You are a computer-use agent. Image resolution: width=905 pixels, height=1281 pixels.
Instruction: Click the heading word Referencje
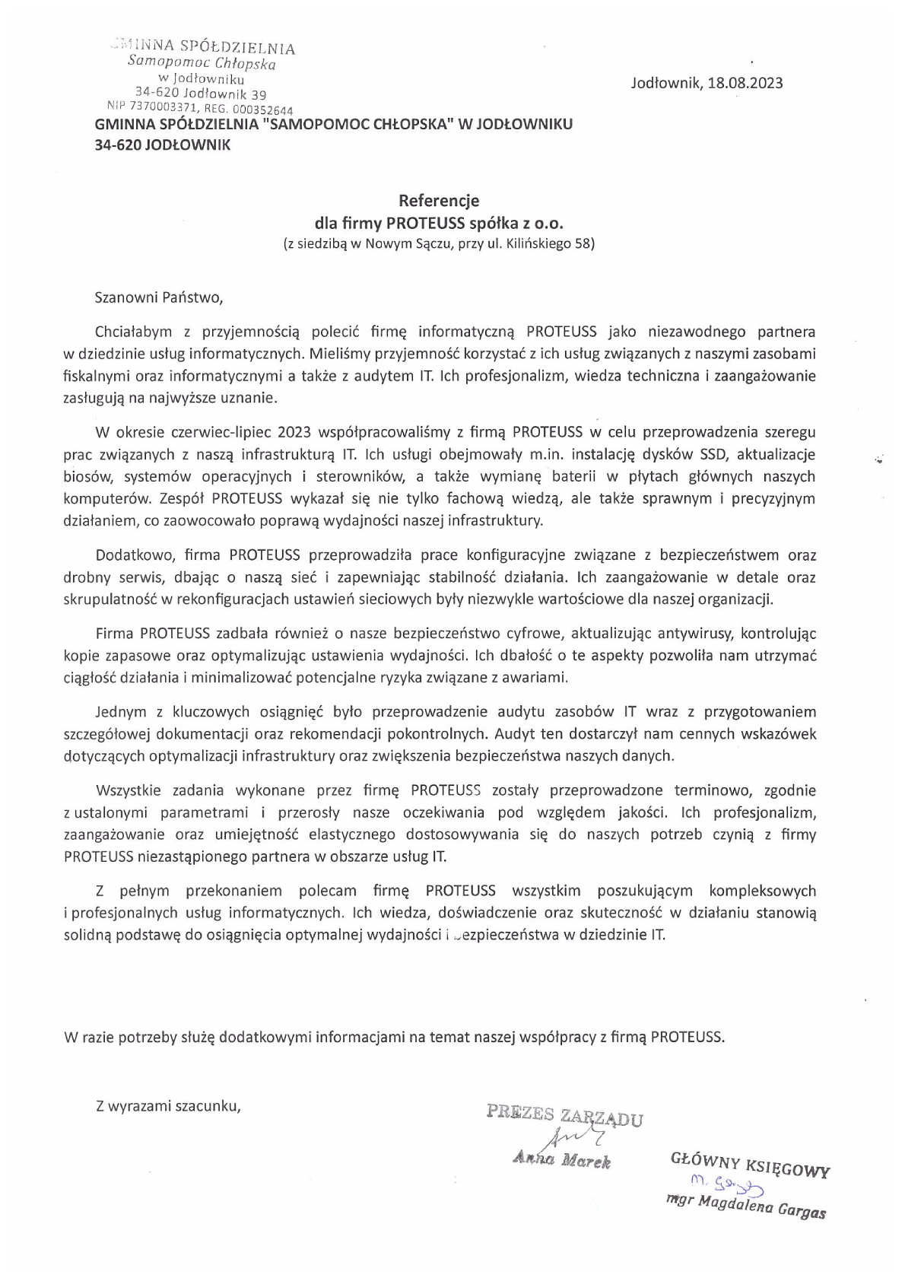point(440,201)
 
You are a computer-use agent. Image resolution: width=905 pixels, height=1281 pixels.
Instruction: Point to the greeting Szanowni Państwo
point(159,297)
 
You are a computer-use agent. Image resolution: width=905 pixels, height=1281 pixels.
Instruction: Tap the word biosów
point(89,477)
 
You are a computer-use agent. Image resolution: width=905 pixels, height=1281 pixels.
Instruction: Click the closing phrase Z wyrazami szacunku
point(168,1106)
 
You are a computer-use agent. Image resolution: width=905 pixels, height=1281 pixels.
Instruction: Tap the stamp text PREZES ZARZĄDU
point(565,1115)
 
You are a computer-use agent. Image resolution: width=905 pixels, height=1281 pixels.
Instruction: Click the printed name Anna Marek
point(562,1161)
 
